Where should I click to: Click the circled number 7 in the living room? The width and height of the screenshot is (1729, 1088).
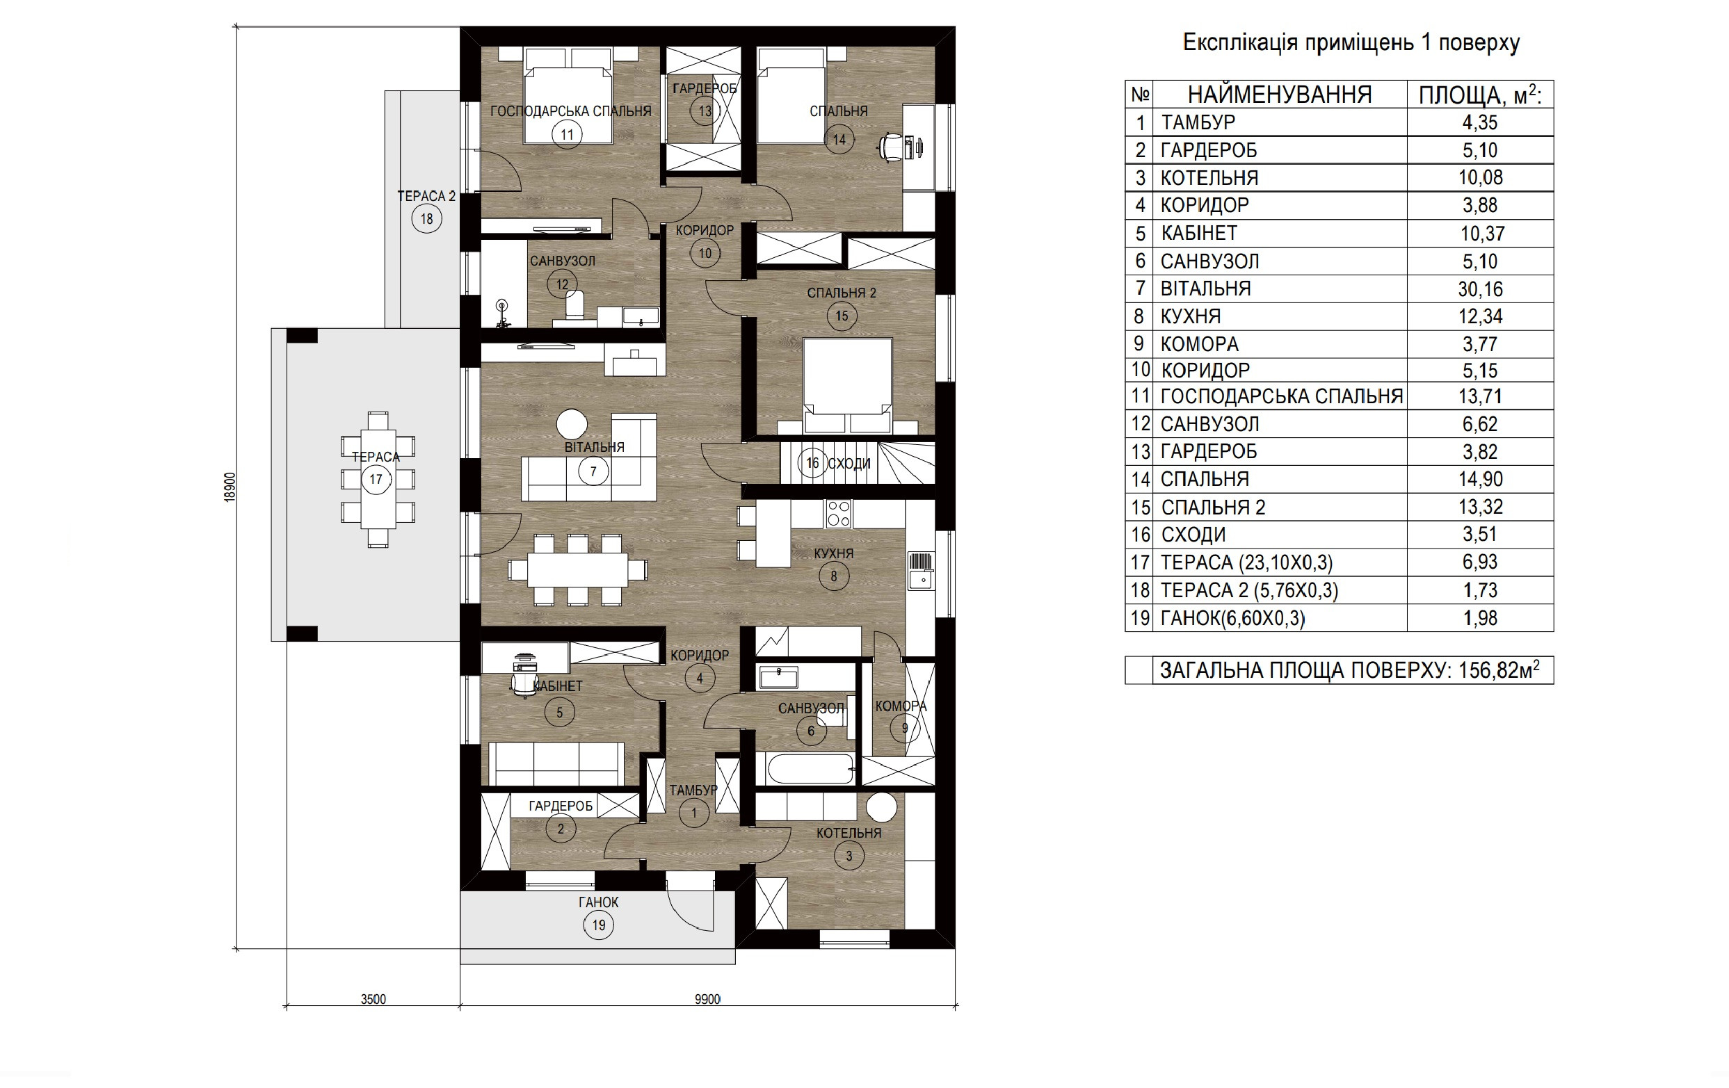[593, 471]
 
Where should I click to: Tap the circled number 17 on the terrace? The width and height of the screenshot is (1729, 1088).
[376, 480]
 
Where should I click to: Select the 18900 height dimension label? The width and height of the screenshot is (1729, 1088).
[230, 487]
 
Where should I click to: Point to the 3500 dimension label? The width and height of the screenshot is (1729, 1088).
[373, 999]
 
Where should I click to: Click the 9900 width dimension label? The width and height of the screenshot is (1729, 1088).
[707, 999]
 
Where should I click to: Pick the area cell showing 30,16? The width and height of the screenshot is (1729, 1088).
[1480, 289]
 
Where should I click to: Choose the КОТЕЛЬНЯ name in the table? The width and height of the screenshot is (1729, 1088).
[1209, 178]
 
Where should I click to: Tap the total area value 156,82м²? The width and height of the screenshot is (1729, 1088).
[1499, 669]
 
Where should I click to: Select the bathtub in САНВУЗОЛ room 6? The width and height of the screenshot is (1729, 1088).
[811, 770]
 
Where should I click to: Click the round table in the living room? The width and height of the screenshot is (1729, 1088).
[572, 423]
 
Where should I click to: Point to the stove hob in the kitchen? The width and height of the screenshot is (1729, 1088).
[839, 514]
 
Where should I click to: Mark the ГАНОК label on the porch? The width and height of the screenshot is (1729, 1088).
[598, 902]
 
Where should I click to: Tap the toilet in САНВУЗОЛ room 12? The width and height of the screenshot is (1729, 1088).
[575, 307]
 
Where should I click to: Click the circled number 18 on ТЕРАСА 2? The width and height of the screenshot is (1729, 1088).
[426, 219]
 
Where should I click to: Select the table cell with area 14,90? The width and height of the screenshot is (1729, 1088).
[1480, 479]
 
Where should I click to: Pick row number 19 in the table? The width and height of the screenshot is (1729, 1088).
[1140, 618]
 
